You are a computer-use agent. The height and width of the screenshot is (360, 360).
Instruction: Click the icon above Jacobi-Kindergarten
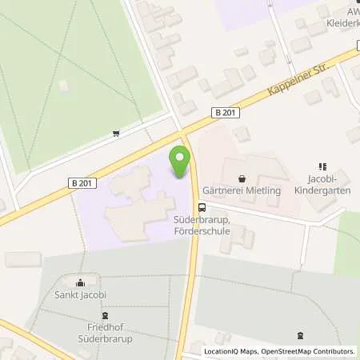pos(324,166)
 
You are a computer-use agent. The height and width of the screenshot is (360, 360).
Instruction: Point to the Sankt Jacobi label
pos(79,296)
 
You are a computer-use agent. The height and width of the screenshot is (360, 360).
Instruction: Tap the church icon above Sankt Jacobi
pos(80,282)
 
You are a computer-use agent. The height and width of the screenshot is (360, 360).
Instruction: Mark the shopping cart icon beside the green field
pos(118,133)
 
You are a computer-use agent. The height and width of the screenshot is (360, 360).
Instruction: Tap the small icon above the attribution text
pos(300,336)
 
